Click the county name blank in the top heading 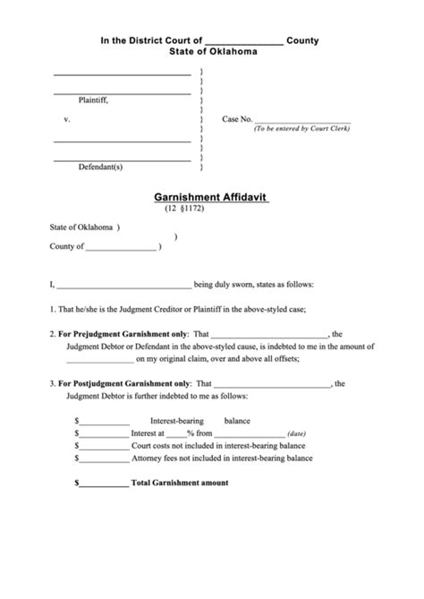coord(244,41)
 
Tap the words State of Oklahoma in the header coord(213,53)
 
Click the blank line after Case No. coord(303,119)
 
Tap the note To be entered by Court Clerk coord(301,129)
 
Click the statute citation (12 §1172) coord(186,209)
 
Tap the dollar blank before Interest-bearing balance coord(106,419)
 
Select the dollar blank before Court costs coord(104,444)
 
